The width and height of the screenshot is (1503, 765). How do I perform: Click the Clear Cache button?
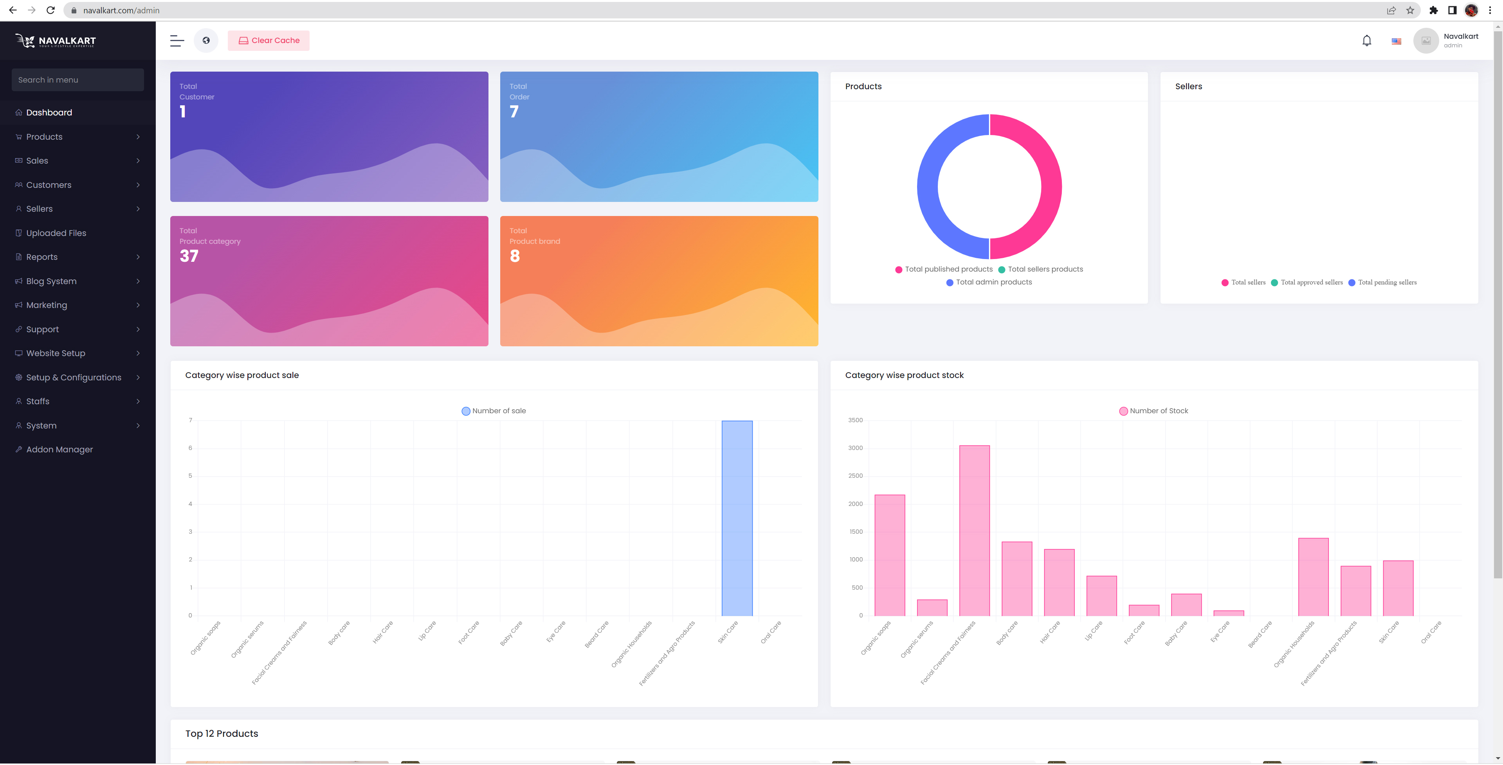(269, 40)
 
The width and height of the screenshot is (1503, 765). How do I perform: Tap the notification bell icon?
(1366, 41)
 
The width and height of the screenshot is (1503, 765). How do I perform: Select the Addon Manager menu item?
(59, 449)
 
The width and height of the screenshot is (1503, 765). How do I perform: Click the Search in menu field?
(77, 80)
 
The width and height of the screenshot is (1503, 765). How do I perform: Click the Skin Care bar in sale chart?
(737, 518)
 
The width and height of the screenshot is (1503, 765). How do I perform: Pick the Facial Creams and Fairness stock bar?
(974, 531)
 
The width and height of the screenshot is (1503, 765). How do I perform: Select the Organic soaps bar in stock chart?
(890, 555)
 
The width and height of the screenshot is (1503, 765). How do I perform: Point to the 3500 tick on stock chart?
(855, 420)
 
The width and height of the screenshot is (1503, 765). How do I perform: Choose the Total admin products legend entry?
(989, 283)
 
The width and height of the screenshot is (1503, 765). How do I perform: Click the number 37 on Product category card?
(189, 256)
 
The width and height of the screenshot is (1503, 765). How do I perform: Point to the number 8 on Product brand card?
(515, 256)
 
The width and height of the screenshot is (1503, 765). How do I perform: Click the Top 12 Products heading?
(222, 733)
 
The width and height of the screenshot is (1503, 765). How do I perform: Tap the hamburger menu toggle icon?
(177, 41)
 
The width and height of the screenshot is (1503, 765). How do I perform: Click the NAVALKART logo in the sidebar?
(56, 41)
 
